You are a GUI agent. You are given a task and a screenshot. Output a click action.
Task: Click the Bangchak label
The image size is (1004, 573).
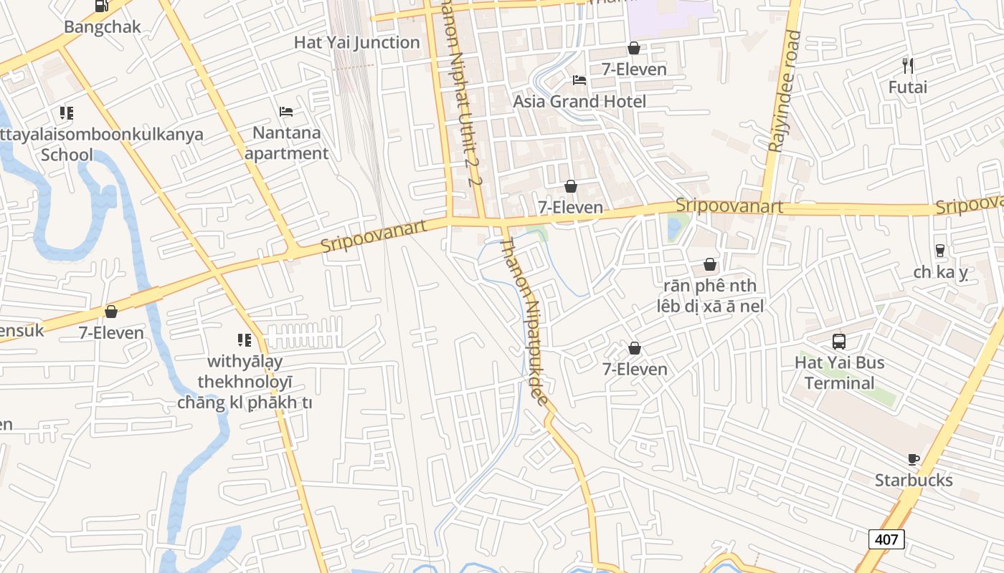[x=103, y=27]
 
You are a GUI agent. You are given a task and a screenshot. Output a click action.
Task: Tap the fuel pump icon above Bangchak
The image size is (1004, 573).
[x=101, y=6]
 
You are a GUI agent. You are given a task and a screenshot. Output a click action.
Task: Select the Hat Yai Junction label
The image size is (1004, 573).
[x=356, y=42]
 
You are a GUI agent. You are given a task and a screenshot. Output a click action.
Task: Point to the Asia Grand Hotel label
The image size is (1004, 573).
[x=579, y=101]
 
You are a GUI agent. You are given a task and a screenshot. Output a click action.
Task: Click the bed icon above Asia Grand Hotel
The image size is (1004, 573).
[x=579, y=80]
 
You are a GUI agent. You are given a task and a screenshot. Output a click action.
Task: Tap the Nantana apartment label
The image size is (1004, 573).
[x=286, y=143]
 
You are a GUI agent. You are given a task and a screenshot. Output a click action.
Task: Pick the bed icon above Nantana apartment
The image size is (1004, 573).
[x=286, y=112]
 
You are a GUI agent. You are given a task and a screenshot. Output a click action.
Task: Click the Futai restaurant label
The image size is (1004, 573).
[x=907, y=87]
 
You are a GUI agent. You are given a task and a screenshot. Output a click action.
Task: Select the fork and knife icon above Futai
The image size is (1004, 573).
[x=907, y=66]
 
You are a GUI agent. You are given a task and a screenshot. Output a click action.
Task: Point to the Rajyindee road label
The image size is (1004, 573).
[x=783, y=91]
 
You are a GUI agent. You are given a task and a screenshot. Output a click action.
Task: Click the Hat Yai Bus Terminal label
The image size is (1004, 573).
[x=839, y=372]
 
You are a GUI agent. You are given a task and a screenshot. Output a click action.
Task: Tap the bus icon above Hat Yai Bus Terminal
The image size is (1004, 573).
[x=839, y=341]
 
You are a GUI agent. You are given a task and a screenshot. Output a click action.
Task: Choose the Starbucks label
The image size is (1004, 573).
[x=913, y=480]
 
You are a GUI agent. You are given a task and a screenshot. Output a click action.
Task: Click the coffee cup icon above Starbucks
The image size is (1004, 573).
[x=913, y=459]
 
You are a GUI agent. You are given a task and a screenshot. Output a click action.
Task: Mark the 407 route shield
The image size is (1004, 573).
[x=886, y=539]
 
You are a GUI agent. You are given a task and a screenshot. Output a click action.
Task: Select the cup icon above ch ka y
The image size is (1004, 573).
[x=939, y=251]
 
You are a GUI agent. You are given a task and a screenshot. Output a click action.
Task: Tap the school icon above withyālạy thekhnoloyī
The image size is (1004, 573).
[x=245, y=340]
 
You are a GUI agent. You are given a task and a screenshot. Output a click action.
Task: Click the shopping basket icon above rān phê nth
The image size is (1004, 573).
[x=709, y=265]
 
